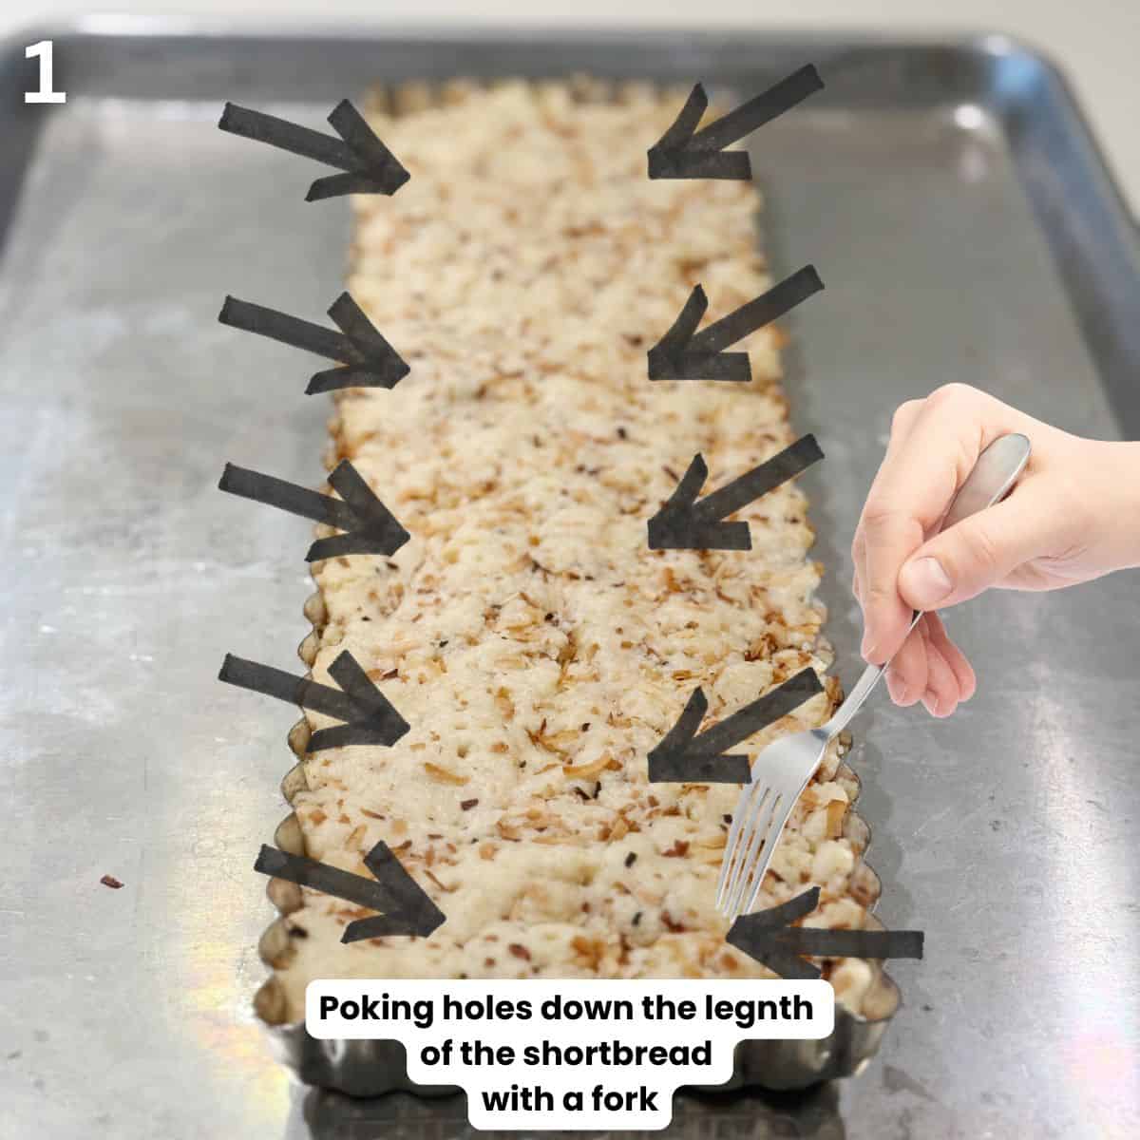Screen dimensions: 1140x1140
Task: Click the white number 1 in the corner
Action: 45,73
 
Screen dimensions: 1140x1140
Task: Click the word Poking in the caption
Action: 375,1008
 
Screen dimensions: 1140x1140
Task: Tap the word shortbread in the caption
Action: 617,1053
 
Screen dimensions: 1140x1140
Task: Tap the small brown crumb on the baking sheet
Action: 111,882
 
